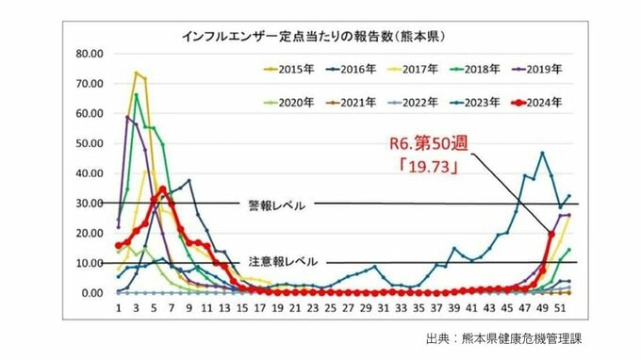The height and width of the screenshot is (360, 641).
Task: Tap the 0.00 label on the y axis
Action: click(90, 293)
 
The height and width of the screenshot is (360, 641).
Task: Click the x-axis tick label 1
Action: click(118, 307)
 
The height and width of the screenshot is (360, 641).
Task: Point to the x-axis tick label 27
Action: click(349, 307)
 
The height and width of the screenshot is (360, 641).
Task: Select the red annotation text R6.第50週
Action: click(429, 146)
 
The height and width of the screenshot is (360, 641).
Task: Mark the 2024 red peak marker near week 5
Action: click(162, 189)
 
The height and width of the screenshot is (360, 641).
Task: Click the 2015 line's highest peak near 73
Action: click(136, 74)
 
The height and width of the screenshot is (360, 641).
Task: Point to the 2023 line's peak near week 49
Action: click(542, 153)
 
